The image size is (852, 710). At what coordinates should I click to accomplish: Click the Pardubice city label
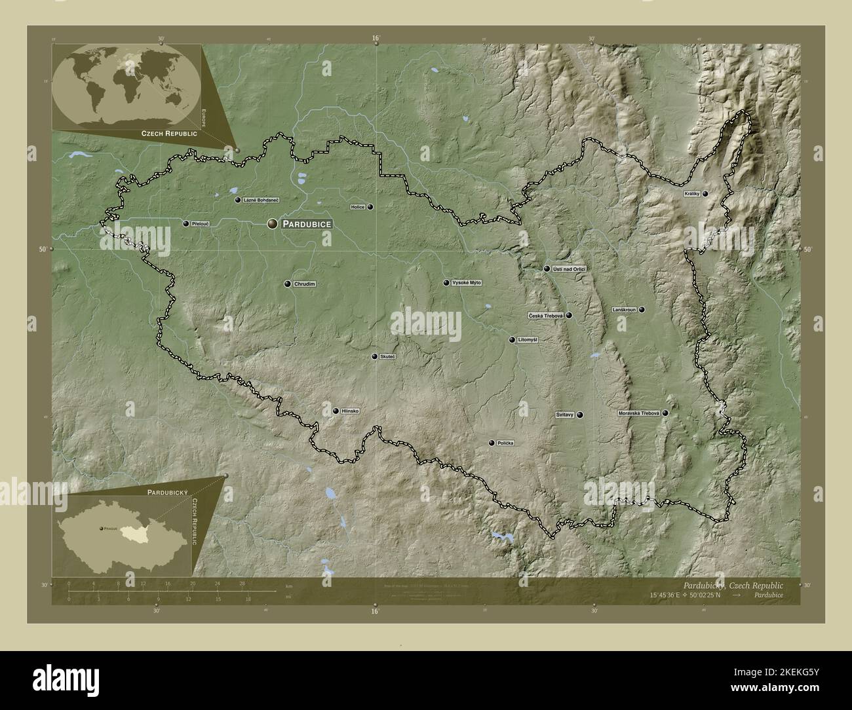coord(307,224)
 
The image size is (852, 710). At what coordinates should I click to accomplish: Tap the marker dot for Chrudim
coord(287,284)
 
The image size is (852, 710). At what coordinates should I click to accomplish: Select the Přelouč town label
coord(200,224)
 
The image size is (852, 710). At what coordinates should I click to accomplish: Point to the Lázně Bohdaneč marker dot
coord(237,200)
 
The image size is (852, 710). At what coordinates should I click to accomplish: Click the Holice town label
coord(357,207)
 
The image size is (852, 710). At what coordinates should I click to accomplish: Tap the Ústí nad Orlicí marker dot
coord(547,269)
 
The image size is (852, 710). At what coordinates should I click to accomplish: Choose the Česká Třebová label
coord(546,316)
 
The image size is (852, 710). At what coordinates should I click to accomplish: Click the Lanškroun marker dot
coord(642,310)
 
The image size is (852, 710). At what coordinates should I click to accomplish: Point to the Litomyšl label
coord(528,340)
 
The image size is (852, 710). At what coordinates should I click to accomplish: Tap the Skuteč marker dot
coord(374,357)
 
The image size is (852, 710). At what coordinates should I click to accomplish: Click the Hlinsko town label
coord(351,411)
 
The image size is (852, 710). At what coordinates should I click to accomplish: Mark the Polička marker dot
coord(491,443)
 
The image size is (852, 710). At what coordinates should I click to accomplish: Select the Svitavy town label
coord(564,415)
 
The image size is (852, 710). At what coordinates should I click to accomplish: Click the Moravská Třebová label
coord(639,414)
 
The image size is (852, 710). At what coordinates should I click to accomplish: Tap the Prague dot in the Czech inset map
coord(100,528)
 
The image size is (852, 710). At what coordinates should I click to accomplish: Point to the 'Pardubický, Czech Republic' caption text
coord(733,584)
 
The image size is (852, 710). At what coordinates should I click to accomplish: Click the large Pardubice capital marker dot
coord(272,224)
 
